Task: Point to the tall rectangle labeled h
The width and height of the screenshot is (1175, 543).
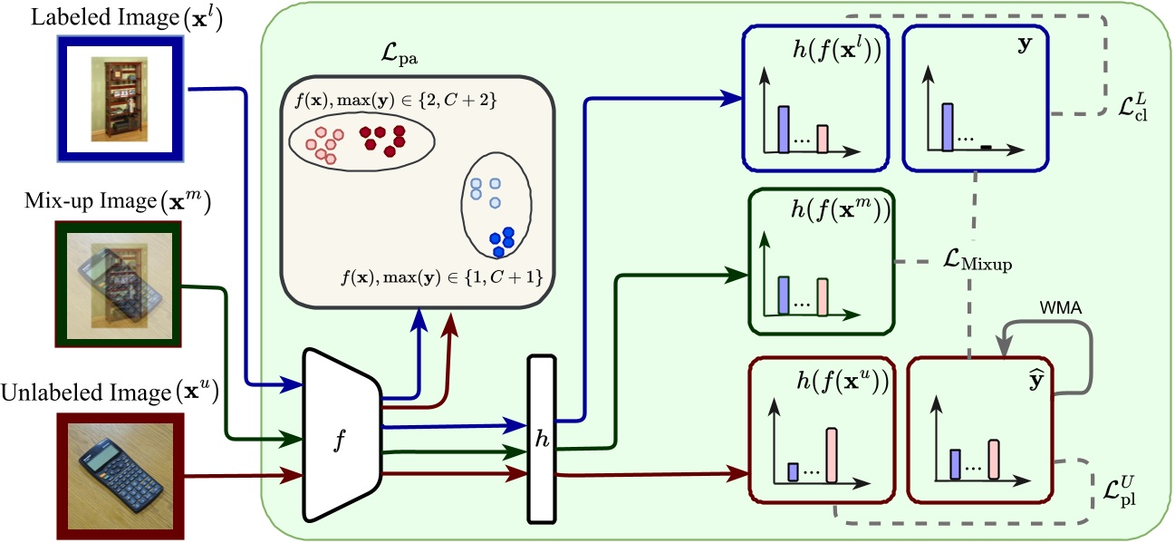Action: point(541,439)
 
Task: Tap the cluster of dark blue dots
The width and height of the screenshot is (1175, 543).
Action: point(501,239)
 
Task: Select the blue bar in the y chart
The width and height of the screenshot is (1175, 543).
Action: point(948,125)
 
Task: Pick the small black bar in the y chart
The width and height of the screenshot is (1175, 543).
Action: point(987,146)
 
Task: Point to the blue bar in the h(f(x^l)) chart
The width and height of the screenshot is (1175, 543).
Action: point(785,129)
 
